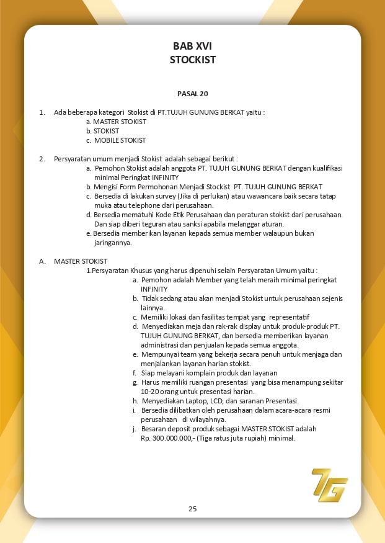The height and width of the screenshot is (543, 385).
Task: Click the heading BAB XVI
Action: pos(192,47)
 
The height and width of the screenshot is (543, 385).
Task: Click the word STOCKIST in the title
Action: pos(192,60)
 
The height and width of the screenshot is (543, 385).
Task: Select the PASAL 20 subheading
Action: pos(192,94)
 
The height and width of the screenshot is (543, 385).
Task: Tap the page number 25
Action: pos(192,509)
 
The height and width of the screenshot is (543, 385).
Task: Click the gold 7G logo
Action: pos(329,485)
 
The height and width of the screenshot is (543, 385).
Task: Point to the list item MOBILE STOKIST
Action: pos(120,140)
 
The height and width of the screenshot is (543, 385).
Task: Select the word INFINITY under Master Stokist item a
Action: pos(154,289)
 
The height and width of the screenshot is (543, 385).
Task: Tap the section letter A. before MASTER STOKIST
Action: pos(42,261)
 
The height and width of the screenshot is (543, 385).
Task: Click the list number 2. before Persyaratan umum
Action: pos(42,159)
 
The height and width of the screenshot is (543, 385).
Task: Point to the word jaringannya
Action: pos(113,243)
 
